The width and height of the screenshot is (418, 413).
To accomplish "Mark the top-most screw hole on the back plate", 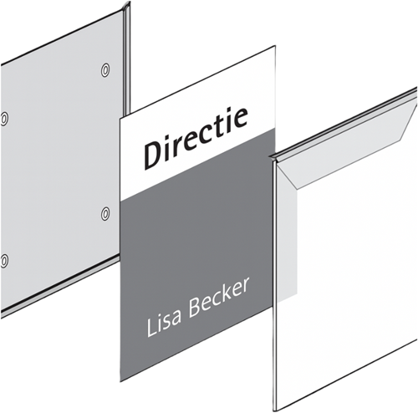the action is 104,70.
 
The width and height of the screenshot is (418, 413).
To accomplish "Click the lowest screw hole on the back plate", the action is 3,262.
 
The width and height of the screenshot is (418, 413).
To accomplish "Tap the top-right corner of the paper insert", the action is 275,46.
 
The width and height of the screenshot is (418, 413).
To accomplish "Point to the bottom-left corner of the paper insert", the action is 120,381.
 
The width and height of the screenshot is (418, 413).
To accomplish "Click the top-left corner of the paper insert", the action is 120,119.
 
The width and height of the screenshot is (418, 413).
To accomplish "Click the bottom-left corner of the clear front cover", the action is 274,410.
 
